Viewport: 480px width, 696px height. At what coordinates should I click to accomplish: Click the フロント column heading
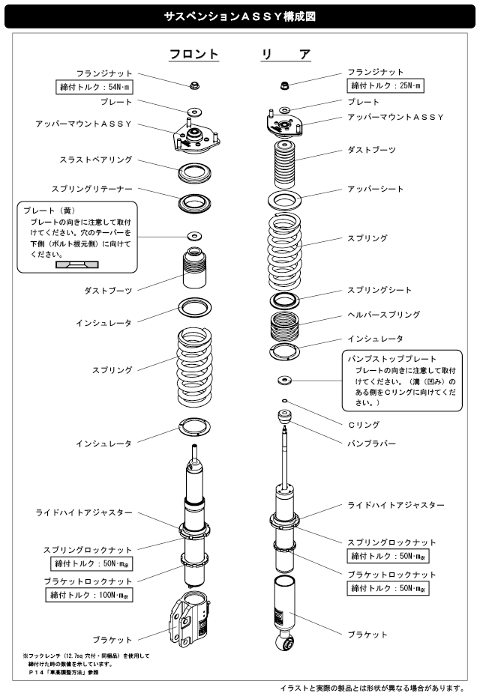coord(193,54)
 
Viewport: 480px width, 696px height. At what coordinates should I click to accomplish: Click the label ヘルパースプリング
coord(382,315)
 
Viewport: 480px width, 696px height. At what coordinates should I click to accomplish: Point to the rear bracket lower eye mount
coord(286,644)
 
